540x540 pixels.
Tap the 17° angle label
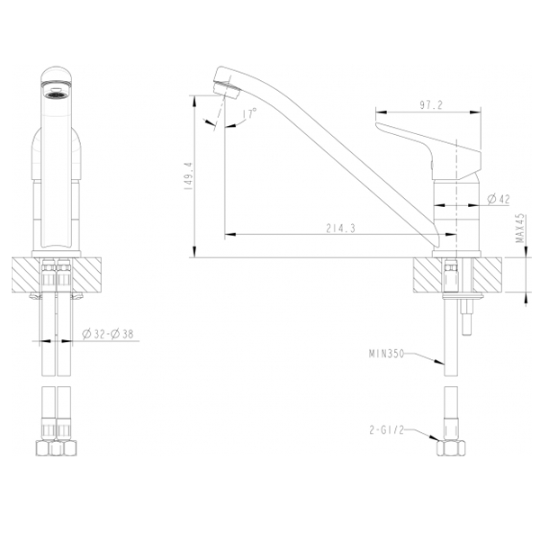(x=249, y=114)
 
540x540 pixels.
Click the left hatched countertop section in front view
(x=25, y=274)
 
